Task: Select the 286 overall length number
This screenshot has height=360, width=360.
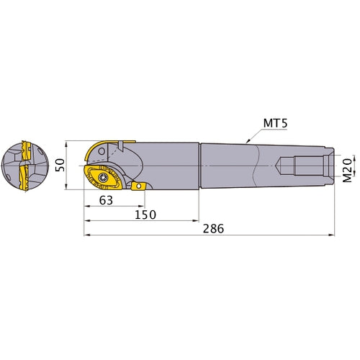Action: pyautogui.click(x=213, y=228)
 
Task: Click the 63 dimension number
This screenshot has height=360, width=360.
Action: pyautogui.click(x=106, y=201)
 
